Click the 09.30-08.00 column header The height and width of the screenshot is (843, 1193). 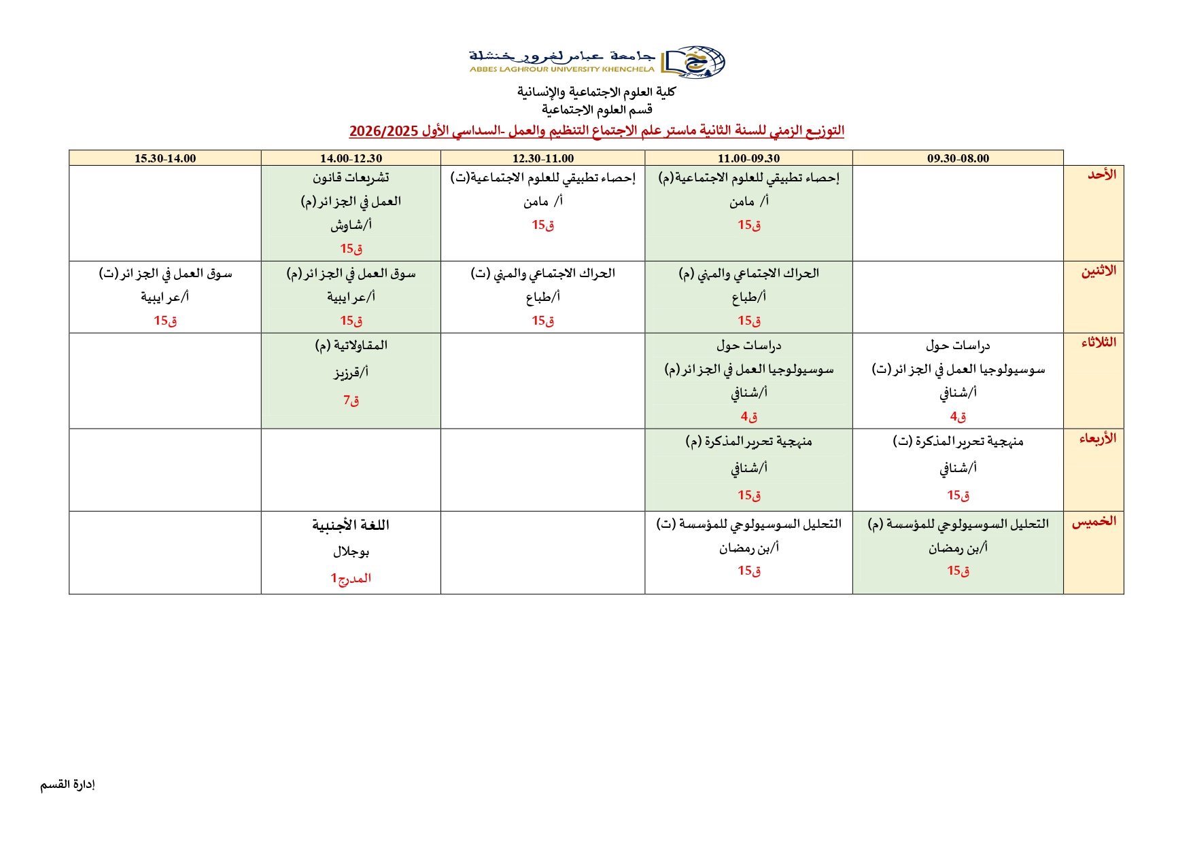point(958,158)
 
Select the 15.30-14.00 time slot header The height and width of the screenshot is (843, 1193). point(165,158)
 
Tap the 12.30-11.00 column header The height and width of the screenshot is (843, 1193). point(542,158)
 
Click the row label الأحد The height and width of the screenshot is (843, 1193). point(1102,175)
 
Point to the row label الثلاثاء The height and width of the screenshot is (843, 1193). point(1099,342)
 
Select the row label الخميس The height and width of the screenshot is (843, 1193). point(1094,521)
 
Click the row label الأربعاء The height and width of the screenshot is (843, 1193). point(1098,438)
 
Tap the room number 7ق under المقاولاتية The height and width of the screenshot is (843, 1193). point(351,400)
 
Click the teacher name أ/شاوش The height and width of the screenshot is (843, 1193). point(351,225)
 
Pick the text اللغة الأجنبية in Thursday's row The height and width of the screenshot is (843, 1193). point(351,525)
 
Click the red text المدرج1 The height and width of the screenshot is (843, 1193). point(351,578)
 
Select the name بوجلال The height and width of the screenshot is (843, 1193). point(351,552)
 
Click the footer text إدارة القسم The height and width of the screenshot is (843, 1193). point(67,785)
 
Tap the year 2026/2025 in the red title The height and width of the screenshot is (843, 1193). point(383,131)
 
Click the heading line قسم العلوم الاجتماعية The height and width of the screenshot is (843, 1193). point(597,109)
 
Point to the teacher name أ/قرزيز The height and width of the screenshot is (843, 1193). point(351,372)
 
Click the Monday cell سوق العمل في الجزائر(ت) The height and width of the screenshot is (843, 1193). point(165,274)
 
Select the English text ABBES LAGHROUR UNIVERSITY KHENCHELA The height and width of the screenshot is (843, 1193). point(561,69)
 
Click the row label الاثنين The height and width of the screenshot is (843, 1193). point(1099,271)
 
